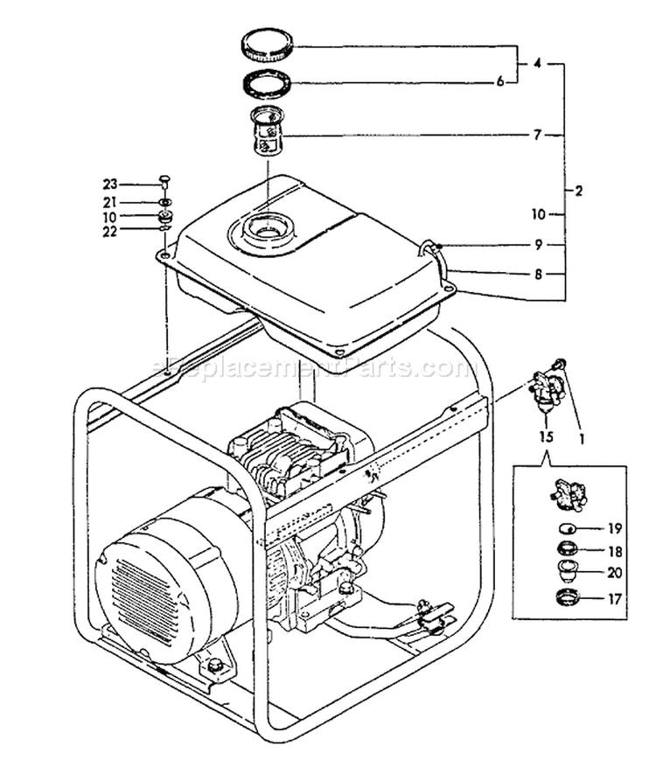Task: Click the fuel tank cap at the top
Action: coord(268,46)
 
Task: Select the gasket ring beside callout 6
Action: coord(267,83)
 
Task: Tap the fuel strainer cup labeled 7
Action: coord(267,131)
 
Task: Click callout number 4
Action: coord(537,63)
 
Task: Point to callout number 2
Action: coord(578,191)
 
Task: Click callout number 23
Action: coord(110,185)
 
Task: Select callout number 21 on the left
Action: coord(109,202)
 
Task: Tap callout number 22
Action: coord(110,232)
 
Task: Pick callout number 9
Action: coord(539,245)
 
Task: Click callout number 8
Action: coord(538,275)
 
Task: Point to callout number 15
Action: coord(546,437)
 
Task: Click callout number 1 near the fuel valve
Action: coord(583,439)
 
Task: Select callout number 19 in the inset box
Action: coord(615,528)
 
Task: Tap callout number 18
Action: coord(615,552)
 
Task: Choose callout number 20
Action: coord(615,573)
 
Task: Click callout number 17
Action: coord(615,600)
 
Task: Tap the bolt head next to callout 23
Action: coord(164,182)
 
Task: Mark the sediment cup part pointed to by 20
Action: coord(568,571)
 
